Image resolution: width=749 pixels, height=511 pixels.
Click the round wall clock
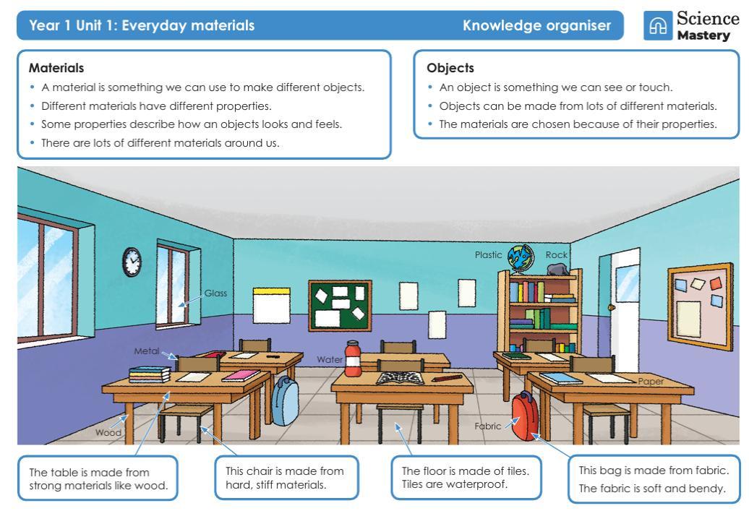pos(132,262)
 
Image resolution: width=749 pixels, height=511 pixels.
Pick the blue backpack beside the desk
pos(285,400)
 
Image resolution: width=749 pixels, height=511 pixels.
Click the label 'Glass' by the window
pos(215,293)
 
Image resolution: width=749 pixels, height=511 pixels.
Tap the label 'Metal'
pos(146,351)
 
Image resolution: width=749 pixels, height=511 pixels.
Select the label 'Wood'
pos(106,432)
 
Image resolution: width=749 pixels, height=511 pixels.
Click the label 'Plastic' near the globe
pos(488,254)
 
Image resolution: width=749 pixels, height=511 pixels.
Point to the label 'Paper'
pos(651,381)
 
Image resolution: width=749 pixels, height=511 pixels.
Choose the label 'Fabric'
pos(487,426)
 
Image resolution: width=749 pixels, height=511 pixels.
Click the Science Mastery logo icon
pos(657,26)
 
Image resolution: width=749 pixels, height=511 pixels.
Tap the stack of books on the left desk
pos(150,374)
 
